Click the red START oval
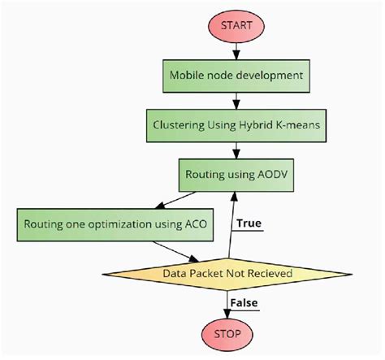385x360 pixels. (236, 24)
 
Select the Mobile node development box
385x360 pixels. (236, 76)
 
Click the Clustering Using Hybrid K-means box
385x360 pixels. (236, 125)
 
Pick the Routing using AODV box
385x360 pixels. (236, 174)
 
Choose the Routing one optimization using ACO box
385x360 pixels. (96, 223)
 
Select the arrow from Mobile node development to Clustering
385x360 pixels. (236, 100)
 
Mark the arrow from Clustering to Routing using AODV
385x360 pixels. (236, 150)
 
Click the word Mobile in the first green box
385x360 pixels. (188, 76)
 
